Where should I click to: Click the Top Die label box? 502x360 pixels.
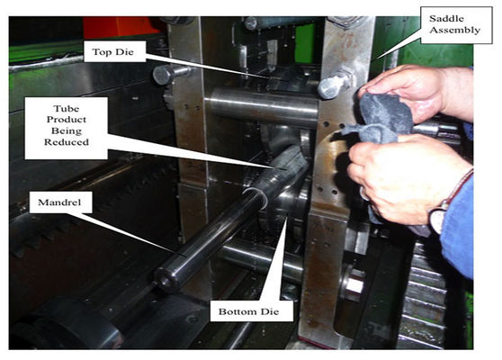pos(114,51)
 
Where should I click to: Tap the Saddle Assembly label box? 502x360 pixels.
pos(456,24)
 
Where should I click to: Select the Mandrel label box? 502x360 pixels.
pos(60,202)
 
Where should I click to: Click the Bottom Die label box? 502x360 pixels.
pos(251,310)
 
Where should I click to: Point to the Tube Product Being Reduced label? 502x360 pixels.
pos(67,128)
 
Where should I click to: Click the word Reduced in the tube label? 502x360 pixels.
pos(67,142)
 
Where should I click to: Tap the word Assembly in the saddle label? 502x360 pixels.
pos(455,31)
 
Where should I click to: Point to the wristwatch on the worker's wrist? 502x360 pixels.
pos(439,218)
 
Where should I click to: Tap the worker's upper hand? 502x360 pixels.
pos(417,91)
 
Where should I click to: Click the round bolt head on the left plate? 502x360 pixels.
pos(165,75)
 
